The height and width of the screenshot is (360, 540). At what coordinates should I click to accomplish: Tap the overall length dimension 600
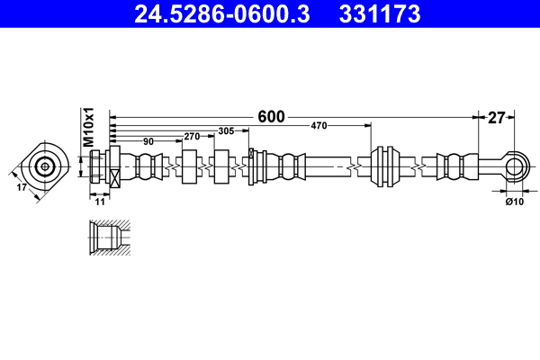point(270,116)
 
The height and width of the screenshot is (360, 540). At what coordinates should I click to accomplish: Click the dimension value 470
point(319,126)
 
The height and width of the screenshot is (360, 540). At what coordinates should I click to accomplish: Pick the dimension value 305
point(226,131)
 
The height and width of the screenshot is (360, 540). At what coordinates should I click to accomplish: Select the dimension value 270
point(191,137)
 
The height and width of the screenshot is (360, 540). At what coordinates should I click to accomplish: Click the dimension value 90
point(148,141)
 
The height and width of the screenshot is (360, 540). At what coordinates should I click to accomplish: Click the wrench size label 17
point(22,188)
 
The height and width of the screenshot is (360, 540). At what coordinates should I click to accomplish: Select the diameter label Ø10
point(514,202)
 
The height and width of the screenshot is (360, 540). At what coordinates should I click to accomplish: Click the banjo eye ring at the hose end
point(514,166)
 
